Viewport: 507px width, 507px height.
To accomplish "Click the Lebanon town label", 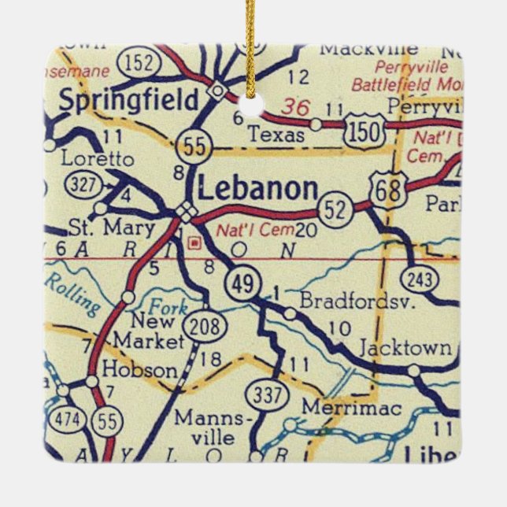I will pos(257,189).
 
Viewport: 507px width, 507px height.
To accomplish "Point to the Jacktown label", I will pos(405,347).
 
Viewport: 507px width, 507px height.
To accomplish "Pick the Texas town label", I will pos(276,135).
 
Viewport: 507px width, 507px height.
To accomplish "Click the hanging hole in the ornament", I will pos(253,106).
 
